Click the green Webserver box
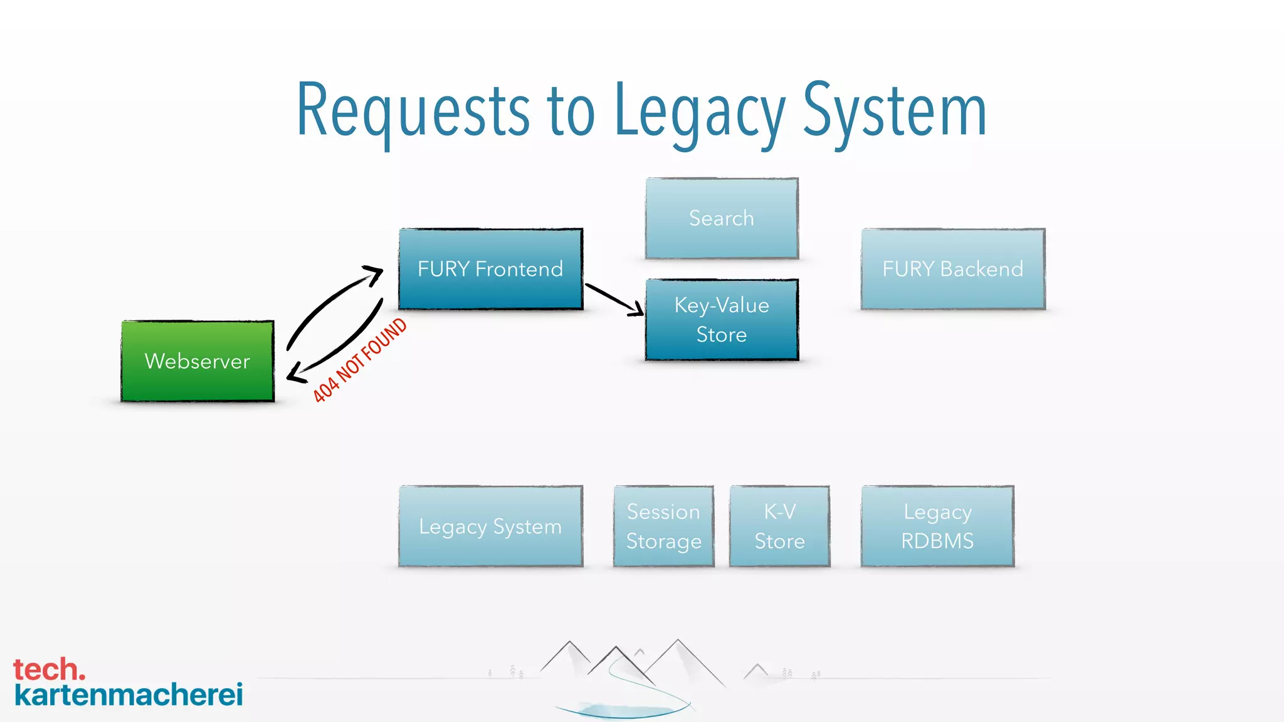197,361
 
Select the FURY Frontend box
490,269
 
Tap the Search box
722,218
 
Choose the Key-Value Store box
722,320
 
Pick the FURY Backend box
952,269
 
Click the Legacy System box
490,526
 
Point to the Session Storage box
663,526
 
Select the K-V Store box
779,526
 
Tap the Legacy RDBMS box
937,526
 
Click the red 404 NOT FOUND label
360,360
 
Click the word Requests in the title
413,112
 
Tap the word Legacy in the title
699,112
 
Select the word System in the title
895,112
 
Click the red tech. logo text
49,669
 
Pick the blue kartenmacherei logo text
129,695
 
